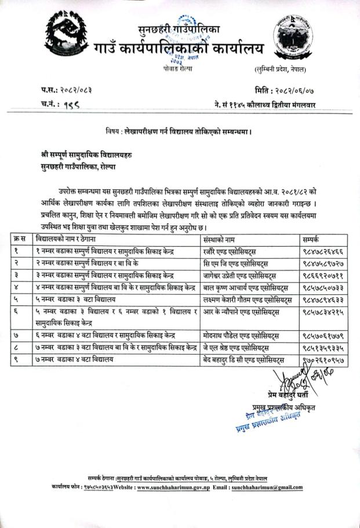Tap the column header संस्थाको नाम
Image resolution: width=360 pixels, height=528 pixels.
(x=219, y=238)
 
